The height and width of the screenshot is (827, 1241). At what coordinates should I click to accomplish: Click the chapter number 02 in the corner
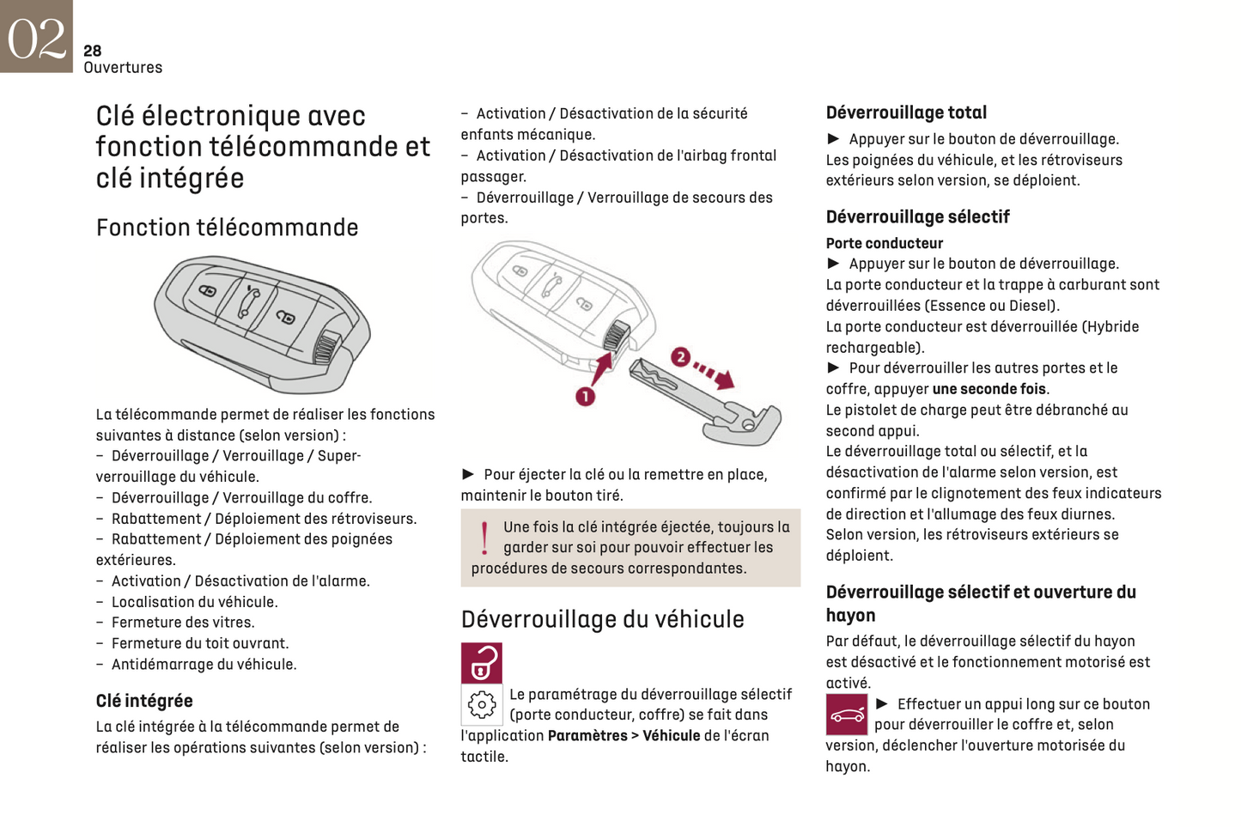[36, 37]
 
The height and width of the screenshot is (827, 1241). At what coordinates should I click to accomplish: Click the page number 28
[93, 51]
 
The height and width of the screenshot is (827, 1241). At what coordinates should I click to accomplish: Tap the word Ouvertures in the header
[123, 68]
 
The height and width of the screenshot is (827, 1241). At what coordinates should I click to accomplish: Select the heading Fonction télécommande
[227, 228]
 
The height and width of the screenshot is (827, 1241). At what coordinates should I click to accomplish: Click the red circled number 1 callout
[585, 396]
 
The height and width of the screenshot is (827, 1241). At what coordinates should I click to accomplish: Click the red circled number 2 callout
[680, 356]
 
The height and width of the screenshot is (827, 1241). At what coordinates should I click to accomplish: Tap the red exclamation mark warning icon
[484, 538]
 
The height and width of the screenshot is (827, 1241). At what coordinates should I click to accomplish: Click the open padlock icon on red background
[482, 663]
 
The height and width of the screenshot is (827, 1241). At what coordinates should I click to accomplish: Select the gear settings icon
[482, 704]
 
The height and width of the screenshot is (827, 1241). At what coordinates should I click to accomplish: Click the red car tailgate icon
[847, 715]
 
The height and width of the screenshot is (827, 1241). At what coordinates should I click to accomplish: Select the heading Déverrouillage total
[906, 112]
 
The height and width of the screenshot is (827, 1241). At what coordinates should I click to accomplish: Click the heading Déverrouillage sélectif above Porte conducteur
[917, 216]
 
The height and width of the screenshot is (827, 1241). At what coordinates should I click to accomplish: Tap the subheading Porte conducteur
[884, 243]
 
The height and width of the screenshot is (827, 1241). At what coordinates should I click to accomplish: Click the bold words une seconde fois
[989, 389]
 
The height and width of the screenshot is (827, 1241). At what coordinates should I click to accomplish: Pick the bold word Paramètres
[587, 736]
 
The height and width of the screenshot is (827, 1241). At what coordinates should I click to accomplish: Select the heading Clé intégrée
[144, 701]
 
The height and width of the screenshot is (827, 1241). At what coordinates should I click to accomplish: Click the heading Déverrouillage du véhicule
[602, 619]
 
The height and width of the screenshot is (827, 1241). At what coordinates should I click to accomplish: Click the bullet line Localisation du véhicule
[194, 602]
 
